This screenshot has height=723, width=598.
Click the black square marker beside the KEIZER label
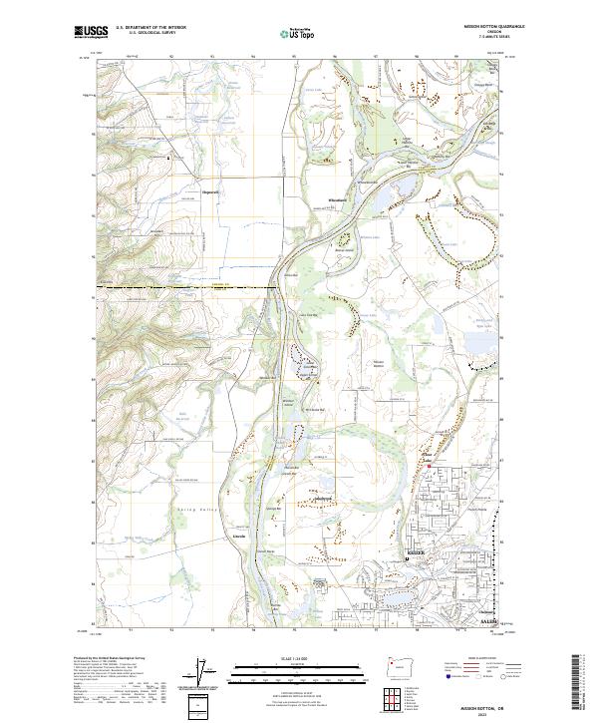[407, 559]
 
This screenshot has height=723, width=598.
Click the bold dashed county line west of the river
[179, 288]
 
